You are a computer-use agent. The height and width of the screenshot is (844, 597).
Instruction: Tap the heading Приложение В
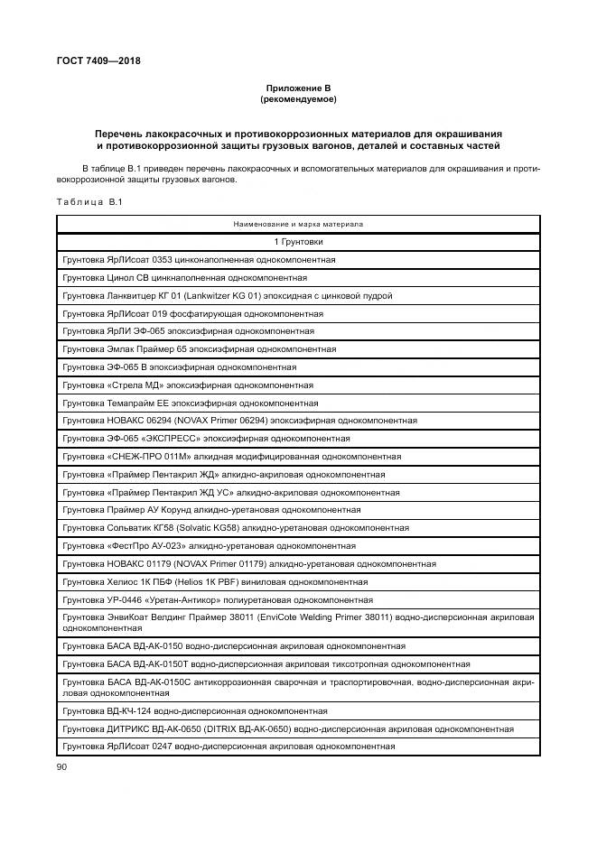(x=298, y=88)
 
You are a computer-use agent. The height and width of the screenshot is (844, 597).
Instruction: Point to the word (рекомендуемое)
(x=298, y=98)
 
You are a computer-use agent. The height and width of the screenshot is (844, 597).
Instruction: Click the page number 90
(x=62, y=766)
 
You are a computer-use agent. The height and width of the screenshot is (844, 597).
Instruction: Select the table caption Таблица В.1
(x=89, y=201)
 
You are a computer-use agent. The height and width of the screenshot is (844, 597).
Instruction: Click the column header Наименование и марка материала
(x=298, y=223)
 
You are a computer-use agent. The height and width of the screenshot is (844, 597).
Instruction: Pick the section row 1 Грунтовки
(x=298, y=241)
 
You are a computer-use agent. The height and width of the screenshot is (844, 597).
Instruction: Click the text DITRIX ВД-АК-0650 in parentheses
(x=236, y=728)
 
